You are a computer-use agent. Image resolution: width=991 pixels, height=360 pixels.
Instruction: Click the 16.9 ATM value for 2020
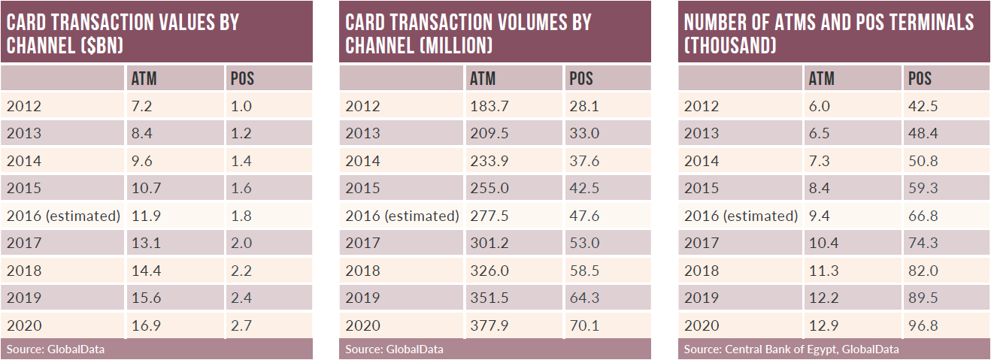[144, 325]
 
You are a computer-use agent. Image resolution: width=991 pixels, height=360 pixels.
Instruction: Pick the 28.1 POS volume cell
[584, 106]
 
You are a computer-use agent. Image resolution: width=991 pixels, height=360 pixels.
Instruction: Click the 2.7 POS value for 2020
[242, 325]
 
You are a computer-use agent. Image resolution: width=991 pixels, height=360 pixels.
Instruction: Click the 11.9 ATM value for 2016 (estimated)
[144, 216]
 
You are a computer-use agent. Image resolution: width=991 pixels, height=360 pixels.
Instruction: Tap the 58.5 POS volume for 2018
[584, 271]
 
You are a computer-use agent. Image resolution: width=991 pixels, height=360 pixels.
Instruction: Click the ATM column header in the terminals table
[821, 78]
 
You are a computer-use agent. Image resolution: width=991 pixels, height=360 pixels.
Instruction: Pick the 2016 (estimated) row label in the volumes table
[402, 216]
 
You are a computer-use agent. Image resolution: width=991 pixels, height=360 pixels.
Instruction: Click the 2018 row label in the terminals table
[702, 271]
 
